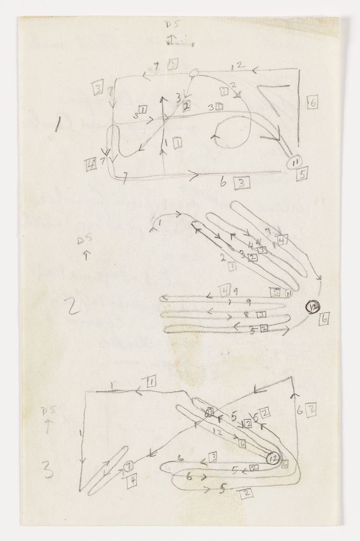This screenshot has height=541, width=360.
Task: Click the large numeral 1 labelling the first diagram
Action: pyautogui.click(x=58, y=124)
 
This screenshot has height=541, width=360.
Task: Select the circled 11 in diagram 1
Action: pyautogui.click(x=295, y=162)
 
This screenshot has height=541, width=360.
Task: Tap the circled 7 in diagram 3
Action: pyautogui.click(x=129, y=466)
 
